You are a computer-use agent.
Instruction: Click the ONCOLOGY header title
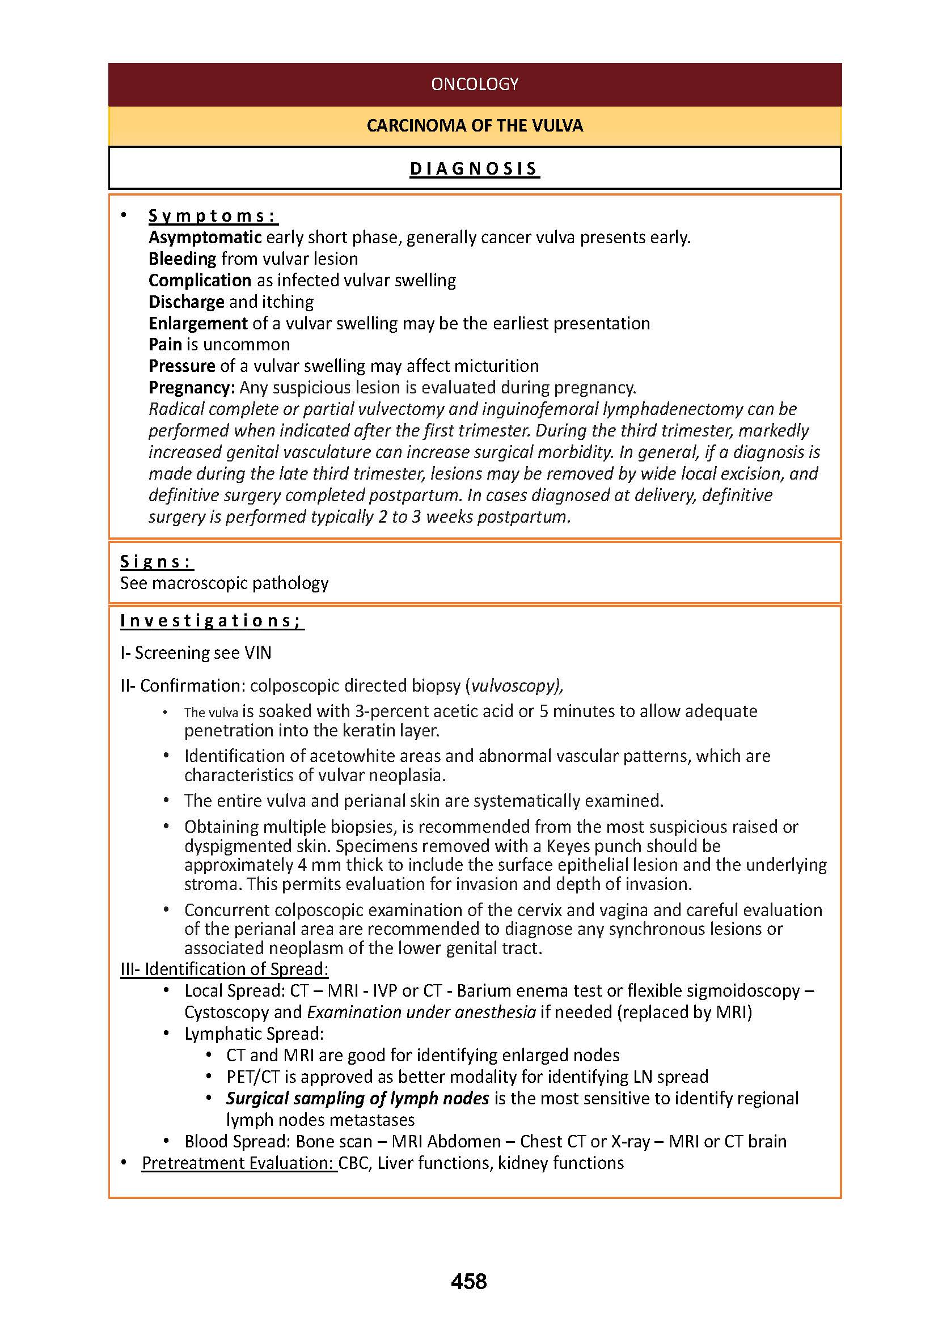[474, 84]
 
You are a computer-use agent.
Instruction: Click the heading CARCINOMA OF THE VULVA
[474, 126]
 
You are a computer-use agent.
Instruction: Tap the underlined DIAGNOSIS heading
[474, 168]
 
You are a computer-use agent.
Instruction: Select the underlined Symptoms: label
[213, 215]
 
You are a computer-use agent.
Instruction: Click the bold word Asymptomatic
[205, 238]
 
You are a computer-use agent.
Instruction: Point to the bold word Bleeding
[182, 259]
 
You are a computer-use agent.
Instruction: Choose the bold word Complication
[199, 280]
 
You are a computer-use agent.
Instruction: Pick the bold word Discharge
[186, 302]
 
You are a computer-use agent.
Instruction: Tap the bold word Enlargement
[197, 323]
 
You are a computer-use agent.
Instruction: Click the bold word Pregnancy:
[191, 387]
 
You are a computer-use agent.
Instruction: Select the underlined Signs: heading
[157, 561]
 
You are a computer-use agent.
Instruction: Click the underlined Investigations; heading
[212, 620]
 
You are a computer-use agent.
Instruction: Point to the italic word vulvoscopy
[513, 685]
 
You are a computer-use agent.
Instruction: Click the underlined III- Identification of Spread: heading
[224, 969]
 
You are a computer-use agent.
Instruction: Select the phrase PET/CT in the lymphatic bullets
[253, 1077]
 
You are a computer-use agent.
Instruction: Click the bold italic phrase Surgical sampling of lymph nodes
[357, 1098]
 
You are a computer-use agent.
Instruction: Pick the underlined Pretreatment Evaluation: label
[239, 1163]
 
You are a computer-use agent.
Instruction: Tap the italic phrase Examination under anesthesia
[421, 1012]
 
